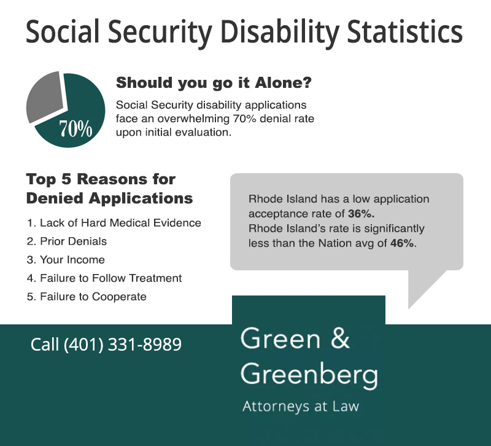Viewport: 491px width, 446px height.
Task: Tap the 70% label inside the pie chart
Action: (x=75, y=128)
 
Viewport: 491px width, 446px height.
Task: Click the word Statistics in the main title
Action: (x=404, y=31)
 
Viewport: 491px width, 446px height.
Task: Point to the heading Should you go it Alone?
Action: (x=214, y=83)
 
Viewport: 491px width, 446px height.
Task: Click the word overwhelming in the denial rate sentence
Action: (x=193, y=119)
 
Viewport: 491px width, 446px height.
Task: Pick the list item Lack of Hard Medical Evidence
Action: (x=114, y=223)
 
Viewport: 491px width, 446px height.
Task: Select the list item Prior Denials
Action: (x=67, y=241)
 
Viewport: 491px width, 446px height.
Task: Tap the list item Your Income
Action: (x=66, y=260)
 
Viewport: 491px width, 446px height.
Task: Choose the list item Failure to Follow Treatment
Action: (x=104, y=278)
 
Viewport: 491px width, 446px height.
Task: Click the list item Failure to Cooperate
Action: (x=87, y=297)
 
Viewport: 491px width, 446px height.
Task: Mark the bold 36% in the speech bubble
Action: (x=361, y=214)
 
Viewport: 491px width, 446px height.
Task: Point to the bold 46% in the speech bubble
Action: (x=403, y=243)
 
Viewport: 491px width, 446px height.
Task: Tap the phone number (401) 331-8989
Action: (x=123, y=345)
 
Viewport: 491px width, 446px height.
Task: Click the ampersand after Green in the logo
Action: (x=340, y=338)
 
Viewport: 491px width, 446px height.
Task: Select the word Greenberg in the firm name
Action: (x=309, y=375)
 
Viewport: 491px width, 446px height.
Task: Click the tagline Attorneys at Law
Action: (x=301, y=406)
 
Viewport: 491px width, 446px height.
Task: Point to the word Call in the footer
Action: (x=45, y=345)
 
